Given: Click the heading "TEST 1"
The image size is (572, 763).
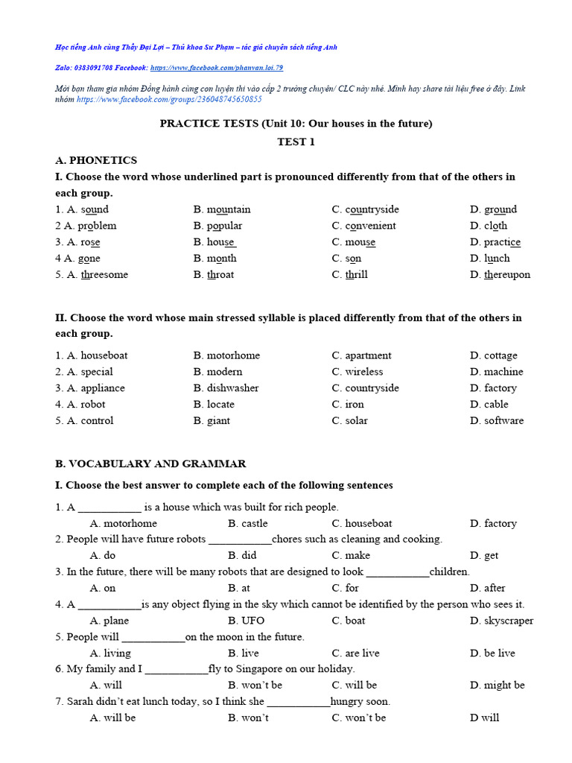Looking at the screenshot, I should coord(296,142).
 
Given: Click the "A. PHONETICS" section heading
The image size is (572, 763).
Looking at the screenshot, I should coord(96,160).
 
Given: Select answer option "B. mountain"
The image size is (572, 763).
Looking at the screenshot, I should coord(222,209).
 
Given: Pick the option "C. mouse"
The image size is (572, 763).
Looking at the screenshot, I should coord(354,242).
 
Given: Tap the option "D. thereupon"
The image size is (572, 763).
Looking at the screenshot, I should coord(500,274).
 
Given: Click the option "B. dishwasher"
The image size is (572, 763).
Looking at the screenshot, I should coord(226,388).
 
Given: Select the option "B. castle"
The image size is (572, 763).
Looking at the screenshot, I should coord(247,524).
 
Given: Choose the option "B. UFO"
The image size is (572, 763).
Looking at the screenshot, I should coord(246,621).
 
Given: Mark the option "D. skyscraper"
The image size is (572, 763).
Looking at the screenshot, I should coord(501,621).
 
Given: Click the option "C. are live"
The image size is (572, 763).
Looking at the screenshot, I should coord(355,653).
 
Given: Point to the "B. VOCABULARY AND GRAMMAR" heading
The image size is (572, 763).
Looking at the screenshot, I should coord(150,463).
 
